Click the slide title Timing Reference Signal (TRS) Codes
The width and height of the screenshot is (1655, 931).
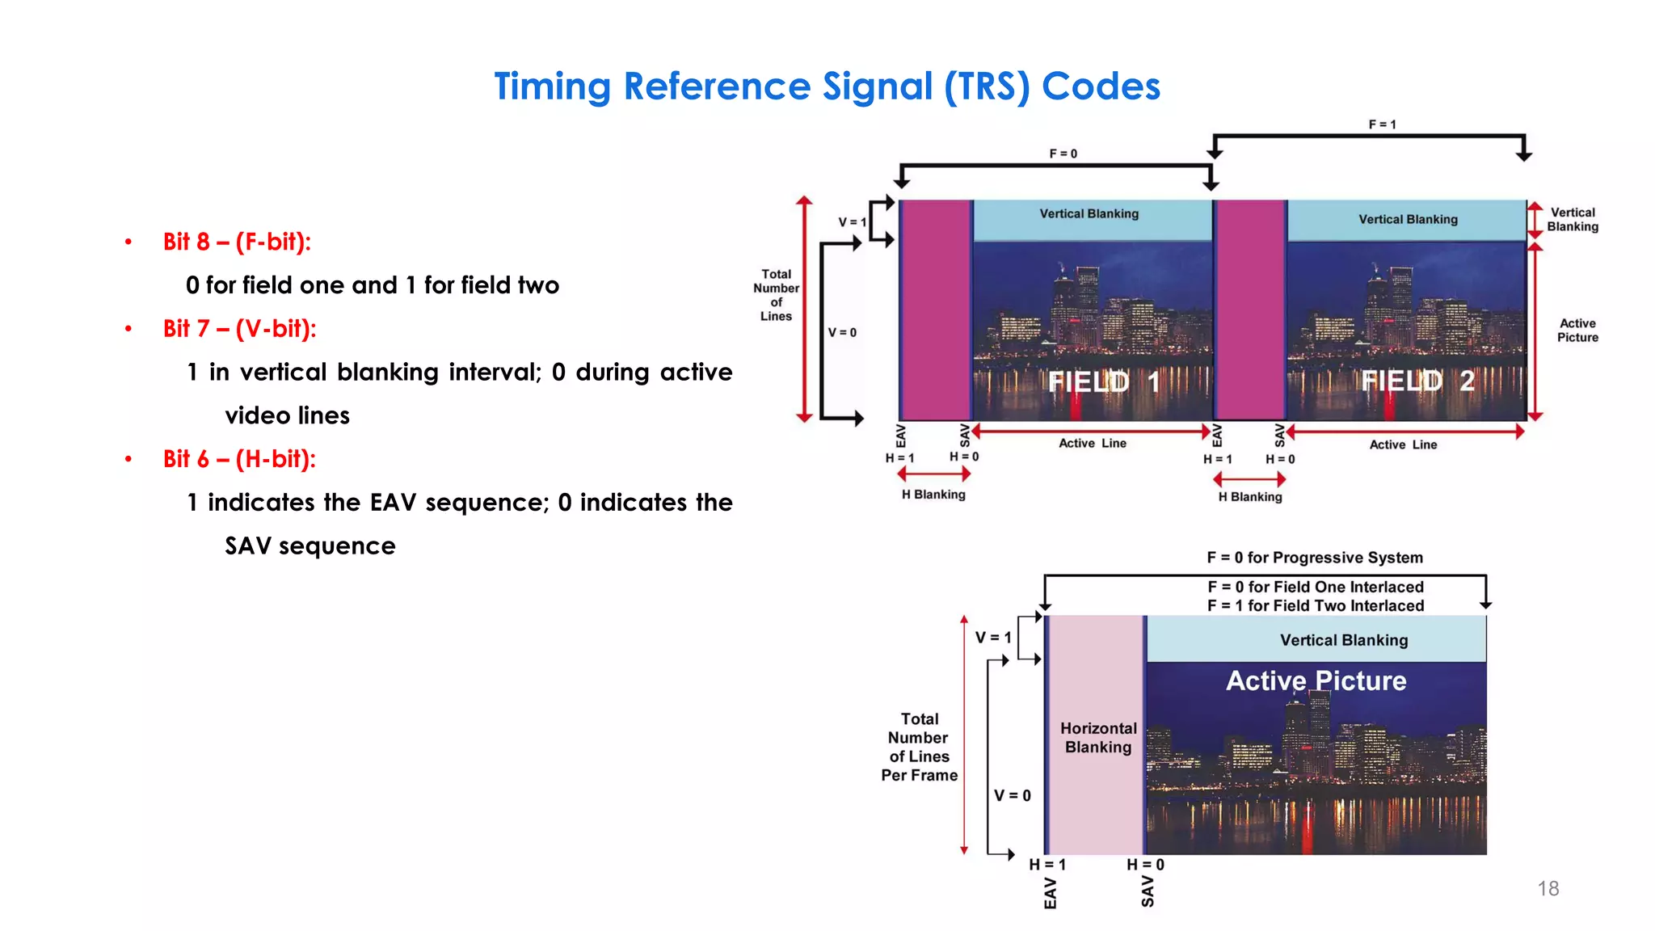coord(827,86)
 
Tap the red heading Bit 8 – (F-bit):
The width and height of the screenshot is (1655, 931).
coord(237,242)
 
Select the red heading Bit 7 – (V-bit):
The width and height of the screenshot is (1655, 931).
coord(239,329)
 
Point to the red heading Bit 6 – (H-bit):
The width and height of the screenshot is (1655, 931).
coord(239,459)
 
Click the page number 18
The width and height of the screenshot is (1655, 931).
coord(1548,889)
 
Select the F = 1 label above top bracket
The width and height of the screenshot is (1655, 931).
coord(1382,124)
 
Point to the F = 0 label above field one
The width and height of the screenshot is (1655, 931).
coord(1063,154)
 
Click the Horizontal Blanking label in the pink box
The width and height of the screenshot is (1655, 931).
coord(1097,738)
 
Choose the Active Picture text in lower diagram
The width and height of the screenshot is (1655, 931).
coord(1316,680)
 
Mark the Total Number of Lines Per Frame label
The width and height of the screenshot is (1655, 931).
coord(919,747)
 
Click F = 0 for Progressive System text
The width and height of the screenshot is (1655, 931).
coord(1315,558)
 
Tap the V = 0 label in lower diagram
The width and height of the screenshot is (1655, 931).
coord(1012,796)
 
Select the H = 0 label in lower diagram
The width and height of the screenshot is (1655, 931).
coord(1145,865)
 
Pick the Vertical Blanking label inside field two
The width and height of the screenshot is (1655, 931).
coord(1408,220)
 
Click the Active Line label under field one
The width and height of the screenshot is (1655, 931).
coord(1092,444)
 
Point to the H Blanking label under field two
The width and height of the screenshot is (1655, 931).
coord(1250,497)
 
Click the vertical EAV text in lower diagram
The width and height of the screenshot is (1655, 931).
coord(1050,893)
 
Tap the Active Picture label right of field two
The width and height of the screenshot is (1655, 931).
coord(1577,331)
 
